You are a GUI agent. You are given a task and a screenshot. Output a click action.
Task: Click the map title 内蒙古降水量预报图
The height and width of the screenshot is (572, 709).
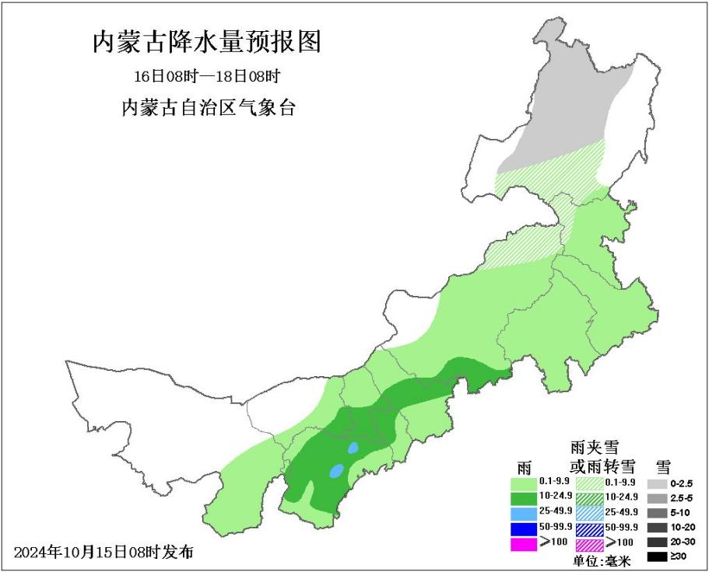point(206,42)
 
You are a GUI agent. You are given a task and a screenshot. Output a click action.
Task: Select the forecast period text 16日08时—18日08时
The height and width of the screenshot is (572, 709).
point(206,77)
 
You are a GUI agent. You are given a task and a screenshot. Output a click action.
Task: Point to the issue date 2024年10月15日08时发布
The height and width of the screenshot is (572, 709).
point(104,553)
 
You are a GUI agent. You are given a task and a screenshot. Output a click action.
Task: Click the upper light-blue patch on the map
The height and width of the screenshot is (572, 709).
point(353,448)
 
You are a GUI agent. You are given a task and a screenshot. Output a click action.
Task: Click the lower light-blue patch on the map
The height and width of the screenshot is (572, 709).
point(337,470)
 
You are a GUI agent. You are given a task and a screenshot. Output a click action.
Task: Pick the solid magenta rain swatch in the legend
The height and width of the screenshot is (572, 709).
point(523,544)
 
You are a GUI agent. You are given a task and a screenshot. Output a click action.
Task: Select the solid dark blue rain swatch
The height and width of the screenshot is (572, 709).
point(523,528)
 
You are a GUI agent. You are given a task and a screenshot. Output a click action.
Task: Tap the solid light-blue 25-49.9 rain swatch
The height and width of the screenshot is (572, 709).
point(523,513)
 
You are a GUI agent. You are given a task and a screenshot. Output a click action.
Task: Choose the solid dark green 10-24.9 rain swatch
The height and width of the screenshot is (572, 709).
point(523,497)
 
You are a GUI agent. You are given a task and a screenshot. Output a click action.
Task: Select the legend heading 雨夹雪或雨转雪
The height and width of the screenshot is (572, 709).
point(602,457)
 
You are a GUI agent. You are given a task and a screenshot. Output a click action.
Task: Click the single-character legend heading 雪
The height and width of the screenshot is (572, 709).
point(663,466)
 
